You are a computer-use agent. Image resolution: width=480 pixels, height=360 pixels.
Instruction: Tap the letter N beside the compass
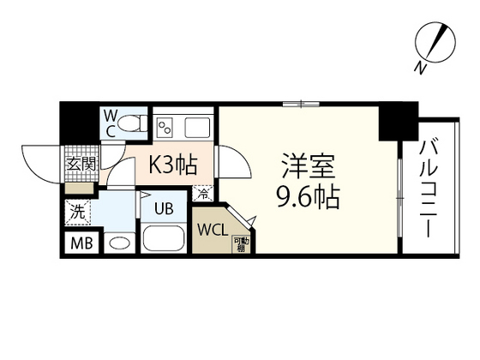(420, 67)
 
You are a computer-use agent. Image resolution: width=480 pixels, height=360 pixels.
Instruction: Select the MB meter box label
(82, 243)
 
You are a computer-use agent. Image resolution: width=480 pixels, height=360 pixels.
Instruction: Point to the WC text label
(111, 122)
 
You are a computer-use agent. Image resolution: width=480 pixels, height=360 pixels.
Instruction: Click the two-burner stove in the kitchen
(166, 129)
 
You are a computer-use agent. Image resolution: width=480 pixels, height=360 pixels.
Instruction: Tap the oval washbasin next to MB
(119, 243)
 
